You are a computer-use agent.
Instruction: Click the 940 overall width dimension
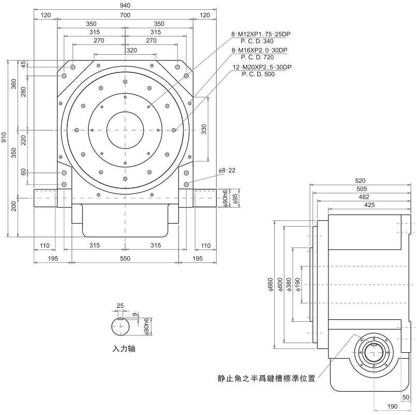125,6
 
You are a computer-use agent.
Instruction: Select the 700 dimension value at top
125,16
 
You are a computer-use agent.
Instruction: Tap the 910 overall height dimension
5,137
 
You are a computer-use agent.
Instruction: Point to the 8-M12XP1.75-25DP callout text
261,34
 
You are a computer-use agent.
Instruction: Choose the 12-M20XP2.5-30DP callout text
262,67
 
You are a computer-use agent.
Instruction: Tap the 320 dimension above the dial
125,51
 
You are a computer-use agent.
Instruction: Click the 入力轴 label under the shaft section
125,349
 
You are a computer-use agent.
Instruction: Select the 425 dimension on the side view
369,205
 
